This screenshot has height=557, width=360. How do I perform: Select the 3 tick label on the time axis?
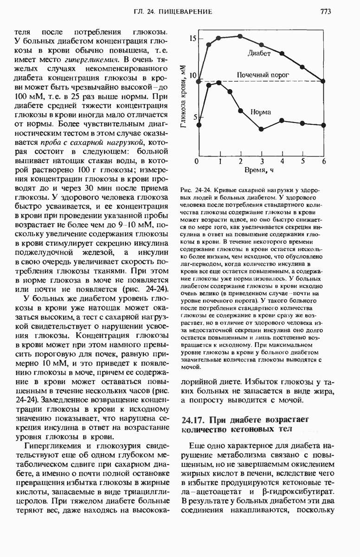click(262, 161)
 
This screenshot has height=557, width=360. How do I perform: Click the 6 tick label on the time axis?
click(324, 161)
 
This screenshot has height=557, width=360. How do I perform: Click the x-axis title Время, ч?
click(259, 171)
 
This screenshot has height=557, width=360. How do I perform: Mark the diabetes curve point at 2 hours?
click(240, 36)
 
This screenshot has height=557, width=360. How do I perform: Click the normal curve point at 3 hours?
click(261, 129)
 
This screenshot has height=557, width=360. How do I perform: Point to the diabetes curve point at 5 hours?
click(302, 67)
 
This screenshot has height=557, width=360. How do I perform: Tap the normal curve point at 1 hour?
click(219, 83)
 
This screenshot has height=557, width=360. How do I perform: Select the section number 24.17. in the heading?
click(192, 421)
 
